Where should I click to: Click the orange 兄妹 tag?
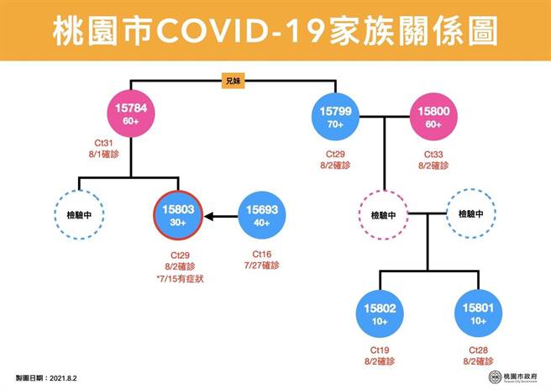pos(233,82)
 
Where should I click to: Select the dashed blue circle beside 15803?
pos(80,215)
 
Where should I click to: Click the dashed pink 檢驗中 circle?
pos(382,215)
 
